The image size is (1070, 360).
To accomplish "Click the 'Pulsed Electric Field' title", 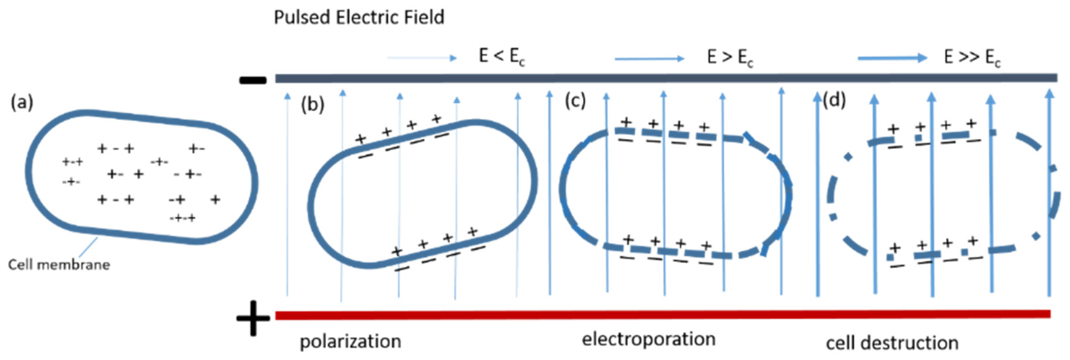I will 359,17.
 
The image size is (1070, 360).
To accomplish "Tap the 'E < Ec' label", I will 502,57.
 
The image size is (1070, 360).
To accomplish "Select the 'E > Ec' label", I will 730,58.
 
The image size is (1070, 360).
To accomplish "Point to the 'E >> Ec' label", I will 972,58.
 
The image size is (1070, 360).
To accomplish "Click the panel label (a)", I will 22,102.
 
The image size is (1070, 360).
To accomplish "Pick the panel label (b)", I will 312,105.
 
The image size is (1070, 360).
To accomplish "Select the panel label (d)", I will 834,100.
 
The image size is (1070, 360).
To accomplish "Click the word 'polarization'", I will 350,342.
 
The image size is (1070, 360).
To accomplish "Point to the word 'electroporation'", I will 648,339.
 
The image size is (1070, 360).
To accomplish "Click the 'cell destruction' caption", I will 892,343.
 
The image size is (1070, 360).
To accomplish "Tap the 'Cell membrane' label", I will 59,265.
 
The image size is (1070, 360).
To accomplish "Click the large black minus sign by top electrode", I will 252,80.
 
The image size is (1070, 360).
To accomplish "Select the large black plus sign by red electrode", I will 253,319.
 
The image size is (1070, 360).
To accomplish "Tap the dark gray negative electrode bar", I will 665,78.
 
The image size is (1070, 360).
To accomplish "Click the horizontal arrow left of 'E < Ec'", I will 422,58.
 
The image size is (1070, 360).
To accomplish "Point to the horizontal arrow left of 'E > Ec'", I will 649,59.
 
